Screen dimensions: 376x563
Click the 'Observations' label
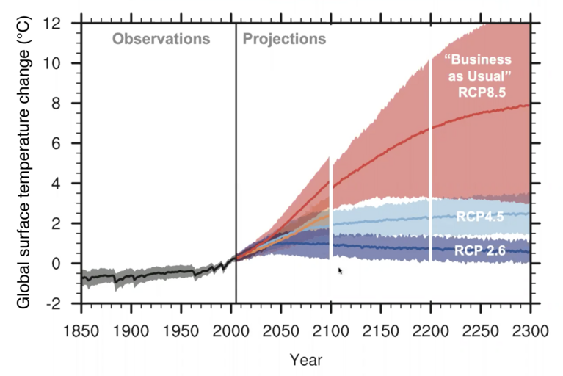(161, 38)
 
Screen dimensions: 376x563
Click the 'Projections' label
(284, 38)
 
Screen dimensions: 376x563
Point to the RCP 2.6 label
(478, 251)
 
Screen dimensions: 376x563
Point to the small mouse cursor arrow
(340, 271)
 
